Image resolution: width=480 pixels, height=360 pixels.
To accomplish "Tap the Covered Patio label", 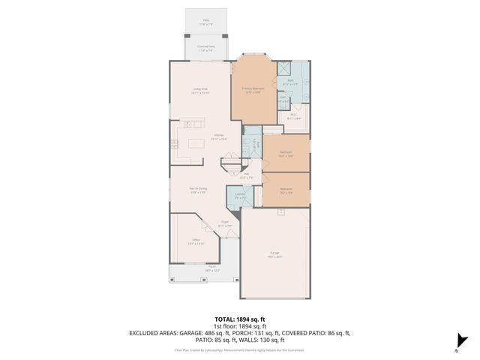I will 206,48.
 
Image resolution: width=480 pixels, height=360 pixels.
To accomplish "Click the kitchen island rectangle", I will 196,142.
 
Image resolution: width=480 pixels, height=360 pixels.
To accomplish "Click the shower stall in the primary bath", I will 286,68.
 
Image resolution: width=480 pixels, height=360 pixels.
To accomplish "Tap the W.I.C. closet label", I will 294,117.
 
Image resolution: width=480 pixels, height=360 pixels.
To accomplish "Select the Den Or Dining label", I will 198,190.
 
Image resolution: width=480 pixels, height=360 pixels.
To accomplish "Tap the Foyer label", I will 224,223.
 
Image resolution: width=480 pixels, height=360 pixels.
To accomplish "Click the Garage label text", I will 274,255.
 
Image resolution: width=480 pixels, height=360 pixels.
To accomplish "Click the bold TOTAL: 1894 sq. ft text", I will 241,318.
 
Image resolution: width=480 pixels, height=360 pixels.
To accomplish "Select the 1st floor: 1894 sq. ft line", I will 241,325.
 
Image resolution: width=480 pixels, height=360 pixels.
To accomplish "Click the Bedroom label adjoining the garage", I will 286,190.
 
